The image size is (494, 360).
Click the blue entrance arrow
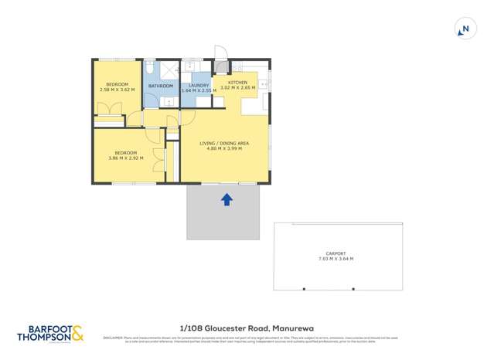(227, 199)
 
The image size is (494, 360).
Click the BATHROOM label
(160, 86)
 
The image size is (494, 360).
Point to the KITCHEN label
(237, 82)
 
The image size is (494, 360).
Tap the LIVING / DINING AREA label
(224, 143)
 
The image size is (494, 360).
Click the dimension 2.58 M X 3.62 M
(117, 90)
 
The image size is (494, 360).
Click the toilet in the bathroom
(150, 68)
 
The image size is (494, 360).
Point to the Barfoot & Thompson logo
(51, 334)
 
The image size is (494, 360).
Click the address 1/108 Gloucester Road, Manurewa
(247, 328)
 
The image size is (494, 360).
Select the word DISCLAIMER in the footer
(114, 338)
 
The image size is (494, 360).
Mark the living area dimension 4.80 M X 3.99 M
(224, 148)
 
